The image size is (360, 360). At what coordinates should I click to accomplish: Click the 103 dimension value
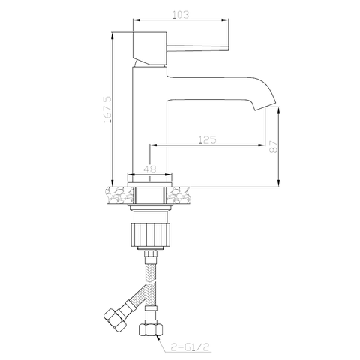point(181,15)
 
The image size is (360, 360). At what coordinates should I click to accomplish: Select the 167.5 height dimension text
point(107,109)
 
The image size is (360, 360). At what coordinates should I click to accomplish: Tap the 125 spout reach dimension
point(207,139)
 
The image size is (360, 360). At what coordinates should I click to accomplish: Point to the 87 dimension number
point(273,147)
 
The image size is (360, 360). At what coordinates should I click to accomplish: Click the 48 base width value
point(150,169)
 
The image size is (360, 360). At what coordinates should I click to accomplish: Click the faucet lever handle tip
point(228,48)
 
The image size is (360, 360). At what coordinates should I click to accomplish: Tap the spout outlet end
point(265,106)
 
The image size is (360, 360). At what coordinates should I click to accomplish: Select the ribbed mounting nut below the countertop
point(150,235)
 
